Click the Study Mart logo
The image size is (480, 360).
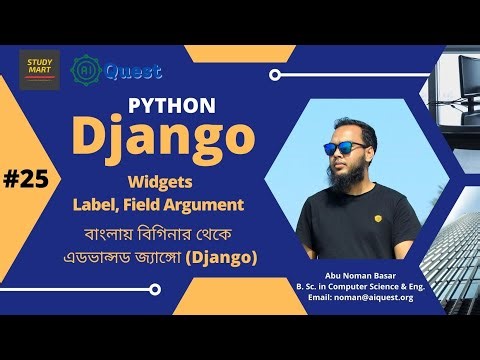[39, 68]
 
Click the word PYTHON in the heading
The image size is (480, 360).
[172, 107]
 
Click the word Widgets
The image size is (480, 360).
[171, 183]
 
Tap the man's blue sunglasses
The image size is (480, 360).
[345, 148]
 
